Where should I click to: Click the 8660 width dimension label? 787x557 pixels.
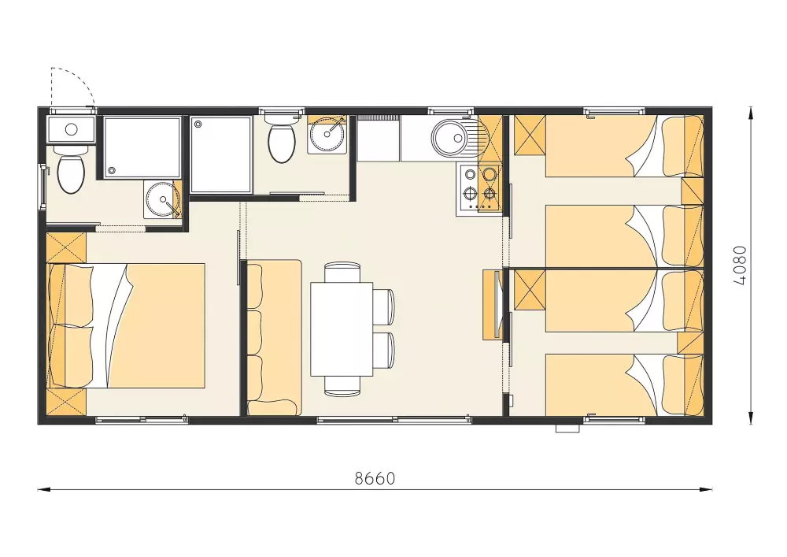click(x=375, y=479)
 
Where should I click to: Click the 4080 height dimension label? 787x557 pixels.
click(x=740, y=266)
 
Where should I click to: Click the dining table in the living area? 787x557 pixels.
click(x=342, y=329)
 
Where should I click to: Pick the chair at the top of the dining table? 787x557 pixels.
click(x=342, y=273)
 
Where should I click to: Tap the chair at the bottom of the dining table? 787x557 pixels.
click(x=342, y=386)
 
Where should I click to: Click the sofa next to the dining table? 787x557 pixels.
click(x=274, y=337)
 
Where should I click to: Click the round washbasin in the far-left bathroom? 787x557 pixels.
click(x=163, y=199)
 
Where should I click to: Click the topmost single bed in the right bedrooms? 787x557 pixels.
click(x=624, y=146)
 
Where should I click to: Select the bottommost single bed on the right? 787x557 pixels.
click(x=624, y=385)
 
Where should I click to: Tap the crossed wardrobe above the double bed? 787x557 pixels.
click(x=66, y=247)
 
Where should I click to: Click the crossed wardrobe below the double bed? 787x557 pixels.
click(x=66, y=402)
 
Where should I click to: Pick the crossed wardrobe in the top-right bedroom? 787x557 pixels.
click(x=530, y=135)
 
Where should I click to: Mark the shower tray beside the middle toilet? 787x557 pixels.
click(x=221, y=154)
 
